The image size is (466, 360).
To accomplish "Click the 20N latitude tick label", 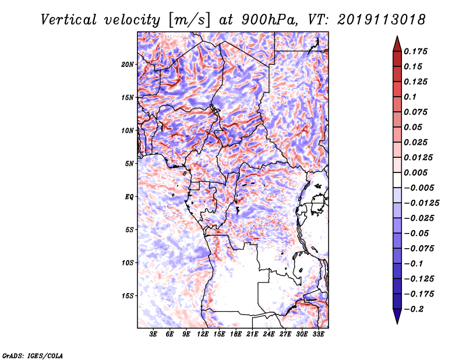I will point(128,64).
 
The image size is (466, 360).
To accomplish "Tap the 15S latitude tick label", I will point(128,296).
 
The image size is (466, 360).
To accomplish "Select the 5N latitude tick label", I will point(129,164).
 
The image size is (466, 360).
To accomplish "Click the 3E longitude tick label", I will point(154,335).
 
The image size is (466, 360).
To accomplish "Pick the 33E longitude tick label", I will point(318,335).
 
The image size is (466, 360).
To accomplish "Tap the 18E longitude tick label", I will point(236,335).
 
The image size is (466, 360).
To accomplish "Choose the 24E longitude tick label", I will point(269,335).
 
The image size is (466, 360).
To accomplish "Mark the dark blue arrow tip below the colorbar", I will point(396,320).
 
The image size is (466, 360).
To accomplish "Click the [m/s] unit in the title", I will point(189,19).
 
